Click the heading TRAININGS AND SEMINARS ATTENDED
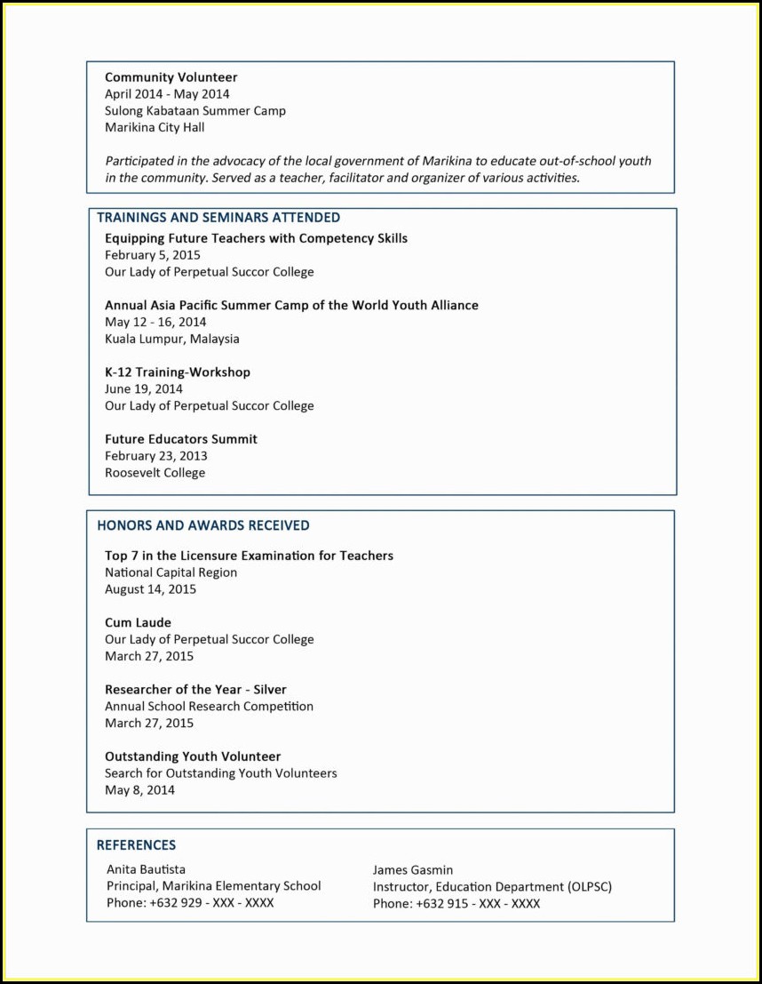coord(218,217)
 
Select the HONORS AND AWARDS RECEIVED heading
coord(202,525)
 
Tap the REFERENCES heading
coord(136,845)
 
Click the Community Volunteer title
coord(171,77)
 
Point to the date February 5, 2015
coord(153,255)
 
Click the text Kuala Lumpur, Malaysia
coord(171,339)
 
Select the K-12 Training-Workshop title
coord(178,372)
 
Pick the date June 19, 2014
coord(144,388)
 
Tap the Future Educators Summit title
coord(181,439)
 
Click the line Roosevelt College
coord(155,473)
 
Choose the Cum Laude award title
coord(138,623)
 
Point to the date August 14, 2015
coord(150,589)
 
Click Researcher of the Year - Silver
coord(195,690)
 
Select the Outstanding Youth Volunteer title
coord(193,756)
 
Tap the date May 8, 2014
coord(139,790)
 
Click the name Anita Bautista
coord(146,869)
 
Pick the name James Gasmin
coord(412,870)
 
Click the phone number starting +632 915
coord(456,903)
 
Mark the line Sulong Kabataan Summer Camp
coord(195,111)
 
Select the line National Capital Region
coord(171,572)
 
